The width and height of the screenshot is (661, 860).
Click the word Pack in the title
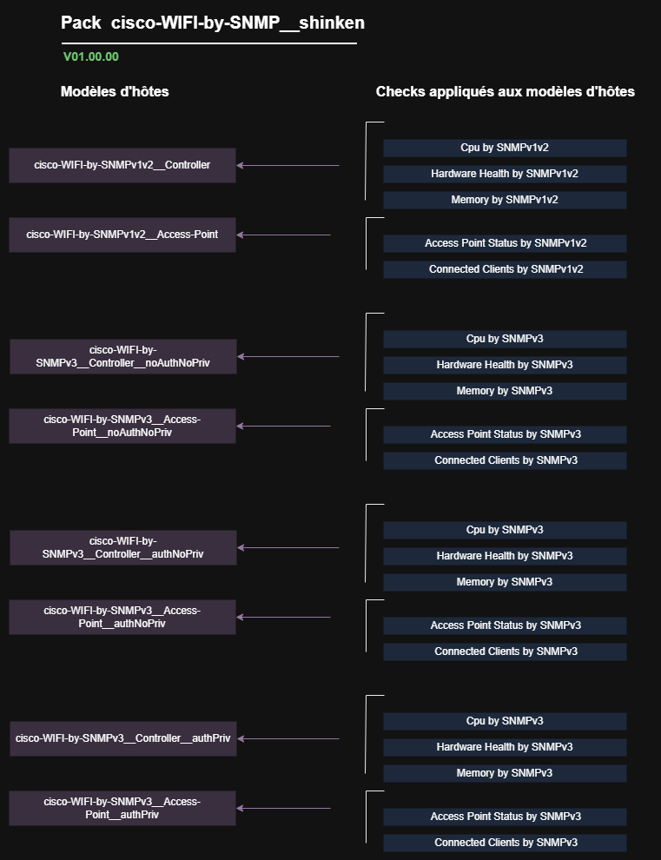81,23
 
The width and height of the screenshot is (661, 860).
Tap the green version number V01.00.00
91,56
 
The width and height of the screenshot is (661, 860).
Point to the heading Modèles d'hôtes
115,91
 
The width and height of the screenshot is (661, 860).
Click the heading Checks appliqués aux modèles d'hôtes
506,91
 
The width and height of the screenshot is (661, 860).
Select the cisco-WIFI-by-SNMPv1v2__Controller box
122,165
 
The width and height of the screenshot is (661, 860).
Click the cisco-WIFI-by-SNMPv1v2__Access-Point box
122,235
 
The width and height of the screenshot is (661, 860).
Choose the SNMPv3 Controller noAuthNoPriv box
122,356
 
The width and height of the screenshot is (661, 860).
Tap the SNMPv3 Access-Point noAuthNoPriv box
122,427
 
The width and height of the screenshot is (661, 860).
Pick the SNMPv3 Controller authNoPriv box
122,547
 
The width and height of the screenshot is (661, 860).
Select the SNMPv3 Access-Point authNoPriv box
122,617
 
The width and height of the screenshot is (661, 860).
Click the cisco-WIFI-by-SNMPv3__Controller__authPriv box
122,738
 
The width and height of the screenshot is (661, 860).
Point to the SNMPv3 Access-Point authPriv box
122,808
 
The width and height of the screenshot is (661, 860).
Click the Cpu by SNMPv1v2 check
505,148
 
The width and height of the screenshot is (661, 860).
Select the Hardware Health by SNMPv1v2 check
505,174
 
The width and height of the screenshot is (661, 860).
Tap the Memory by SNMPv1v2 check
505,200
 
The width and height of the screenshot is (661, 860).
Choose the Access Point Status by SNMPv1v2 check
505,243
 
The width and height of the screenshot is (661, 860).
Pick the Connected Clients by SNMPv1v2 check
505,269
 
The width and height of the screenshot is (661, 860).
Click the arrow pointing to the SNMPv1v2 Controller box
288,165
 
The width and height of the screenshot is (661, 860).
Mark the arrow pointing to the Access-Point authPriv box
284,808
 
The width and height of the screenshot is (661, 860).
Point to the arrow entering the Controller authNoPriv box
288,547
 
